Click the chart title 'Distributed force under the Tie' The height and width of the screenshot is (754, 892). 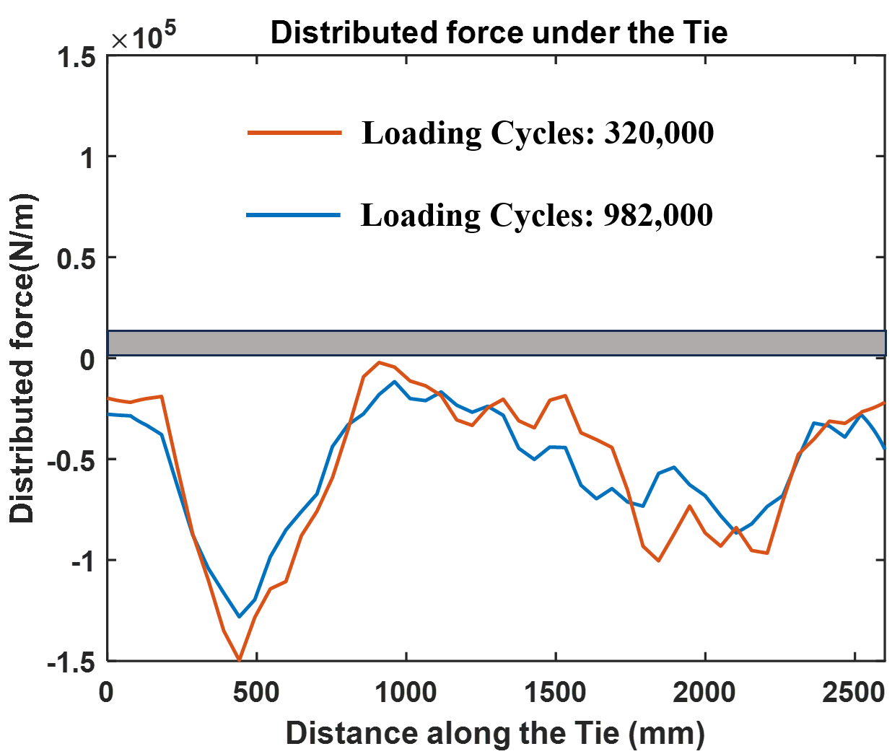pyautogui.click(x=499, y=32)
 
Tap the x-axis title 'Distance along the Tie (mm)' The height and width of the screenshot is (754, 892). pyautogui.click(x=495, y=733)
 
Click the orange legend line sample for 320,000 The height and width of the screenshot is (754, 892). pyautogui.click(x=294, y=133)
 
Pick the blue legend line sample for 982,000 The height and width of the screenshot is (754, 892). pyautogui.click(x=293, y=215)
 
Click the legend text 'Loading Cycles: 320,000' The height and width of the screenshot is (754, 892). pyautogui.click(x=538, y=133)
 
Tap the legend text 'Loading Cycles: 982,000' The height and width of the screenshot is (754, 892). pyautogui.click(x=537, y=215)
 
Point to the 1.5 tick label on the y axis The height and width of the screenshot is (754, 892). pyautogui.click(x=75, y=58)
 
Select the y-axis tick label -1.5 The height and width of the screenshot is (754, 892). pyautogui.click(x=71, y=662)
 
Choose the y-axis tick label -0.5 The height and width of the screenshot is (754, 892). pyautogui.click(x=71, y=460)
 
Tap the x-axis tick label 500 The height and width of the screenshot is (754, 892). pyautogui.click(x=257, y=693)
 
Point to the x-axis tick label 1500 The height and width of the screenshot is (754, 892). pyautogui.click(x=555, y=693)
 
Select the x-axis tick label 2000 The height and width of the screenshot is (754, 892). pyautogui.click(x=704, y=693)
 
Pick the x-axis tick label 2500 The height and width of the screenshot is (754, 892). pyautogui.click(x=853, y=693)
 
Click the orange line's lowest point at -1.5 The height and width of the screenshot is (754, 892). pyautogui.click(x=239, y=659)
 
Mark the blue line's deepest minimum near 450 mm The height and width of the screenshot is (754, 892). pyautogui.click(x=240, y=617)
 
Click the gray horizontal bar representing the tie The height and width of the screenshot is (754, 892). pyautogui.click(x=497, y=343)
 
